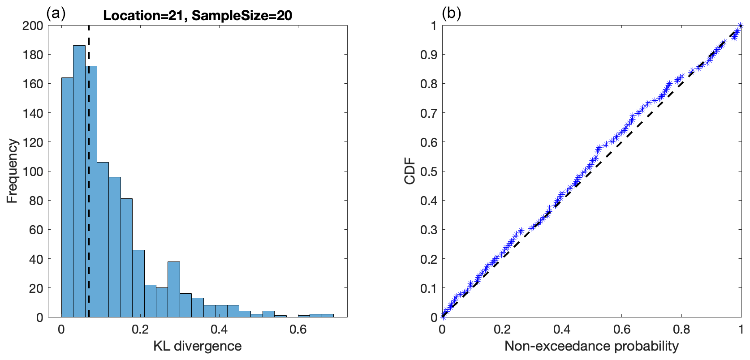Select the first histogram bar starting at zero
[67, 197]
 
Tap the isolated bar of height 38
[174, 289]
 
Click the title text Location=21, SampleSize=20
[198, 16]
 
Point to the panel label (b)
[451, 13]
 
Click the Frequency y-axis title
[12, 171]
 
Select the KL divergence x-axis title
[198, 346]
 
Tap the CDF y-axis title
[410, 171]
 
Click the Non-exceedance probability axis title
[591, 346]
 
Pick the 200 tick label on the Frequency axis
[33, 26]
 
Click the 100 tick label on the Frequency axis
[33, 171]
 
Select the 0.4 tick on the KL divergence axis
[219, 330]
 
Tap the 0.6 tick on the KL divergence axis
[298, 330]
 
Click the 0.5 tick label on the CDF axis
[428, 171]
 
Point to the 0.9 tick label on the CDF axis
[428, 55]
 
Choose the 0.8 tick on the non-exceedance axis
[681, 330]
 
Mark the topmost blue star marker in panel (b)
[740, 26]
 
